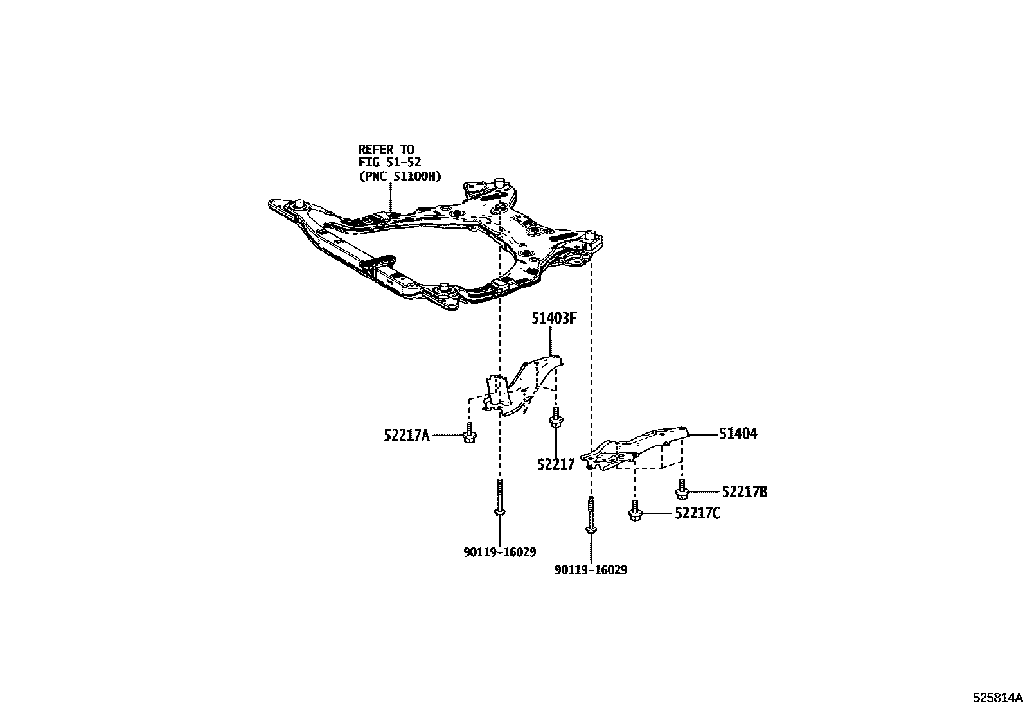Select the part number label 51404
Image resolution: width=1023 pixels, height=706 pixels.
pos(738,434)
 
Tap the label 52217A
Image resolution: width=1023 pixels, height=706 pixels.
pos(406,436)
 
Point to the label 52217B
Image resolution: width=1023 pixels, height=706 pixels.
pos(744,492)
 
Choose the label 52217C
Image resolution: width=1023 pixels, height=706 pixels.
pos(697,513)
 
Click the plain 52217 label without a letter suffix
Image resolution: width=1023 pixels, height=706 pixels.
pos(555,464)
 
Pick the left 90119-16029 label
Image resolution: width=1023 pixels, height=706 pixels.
pos(499,552)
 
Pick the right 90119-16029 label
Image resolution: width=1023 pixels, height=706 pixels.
pos(591,570)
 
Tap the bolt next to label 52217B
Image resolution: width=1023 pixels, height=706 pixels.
pos(682,490)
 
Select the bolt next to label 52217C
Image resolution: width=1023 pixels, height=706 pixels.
pos(635,511)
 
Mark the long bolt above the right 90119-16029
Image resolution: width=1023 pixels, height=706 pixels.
pos(590,517)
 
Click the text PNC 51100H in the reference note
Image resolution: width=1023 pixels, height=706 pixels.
pos(400,176)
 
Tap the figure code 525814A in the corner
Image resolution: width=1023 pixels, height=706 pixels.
pos(996,696)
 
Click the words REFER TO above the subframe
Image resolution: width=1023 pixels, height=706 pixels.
pos(386,150)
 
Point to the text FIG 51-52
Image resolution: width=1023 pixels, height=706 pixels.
pos(389,163)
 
